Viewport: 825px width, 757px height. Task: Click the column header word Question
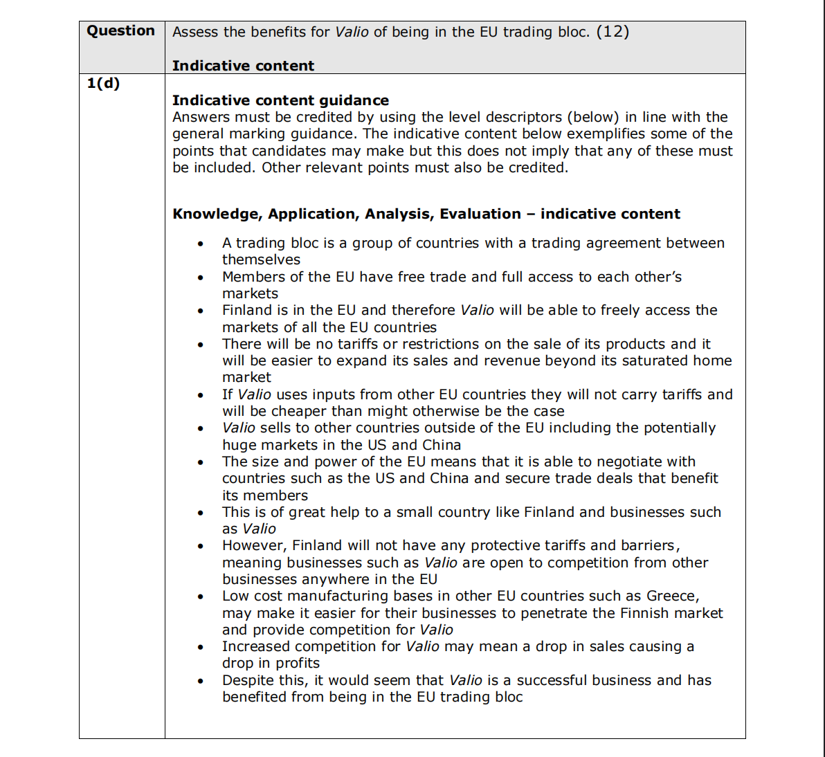[120, 31]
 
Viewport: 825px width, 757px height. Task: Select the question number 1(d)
[103, 84]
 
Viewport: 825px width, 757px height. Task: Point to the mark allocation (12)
[613, 32]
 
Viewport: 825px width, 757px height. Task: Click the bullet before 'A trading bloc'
[201, 244]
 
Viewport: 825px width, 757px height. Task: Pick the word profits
[298, 663]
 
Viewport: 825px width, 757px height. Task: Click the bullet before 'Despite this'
[201, 681]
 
